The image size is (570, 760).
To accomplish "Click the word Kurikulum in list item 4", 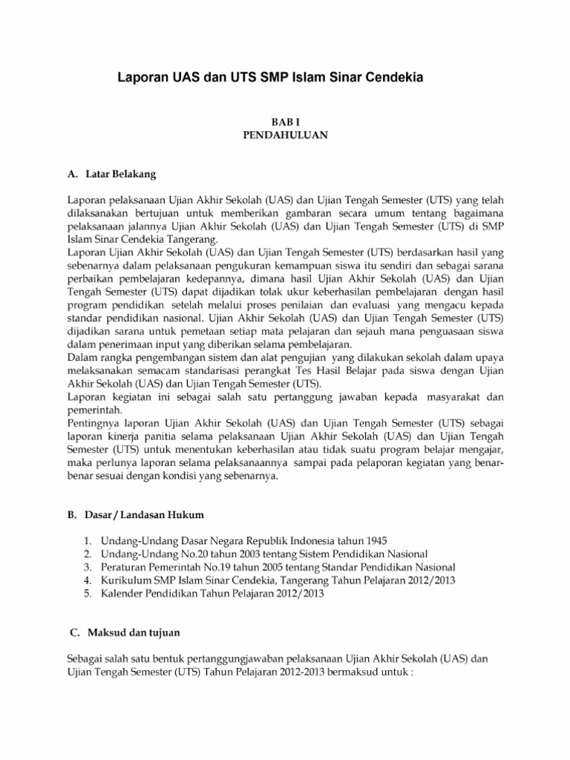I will [117, 580].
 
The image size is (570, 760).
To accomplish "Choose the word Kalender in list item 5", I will [114, 594].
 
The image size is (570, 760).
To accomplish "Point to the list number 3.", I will [87, 567].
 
